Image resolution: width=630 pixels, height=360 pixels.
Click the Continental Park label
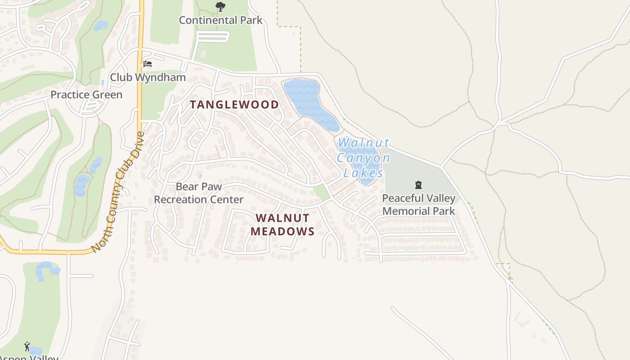click(220, 20)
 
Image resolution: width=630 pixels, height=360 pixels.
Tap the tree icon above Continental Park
click(220, 6)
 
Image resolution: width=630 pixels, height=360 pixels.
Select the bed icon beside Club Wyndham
click(147, 64)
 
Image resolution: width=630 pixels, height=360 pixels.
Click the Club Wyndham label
click(148, 77)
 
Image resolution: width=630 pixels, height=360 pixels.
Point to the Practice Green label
click(86, 94)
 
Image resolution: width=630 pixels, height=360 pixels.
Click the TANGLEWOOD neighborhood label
click(234, 105)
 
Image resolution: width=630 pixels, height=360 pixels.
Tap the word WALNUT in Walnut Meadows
click(283, 218)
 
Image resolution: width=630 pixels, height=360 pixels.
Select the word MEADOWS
click(282, 231)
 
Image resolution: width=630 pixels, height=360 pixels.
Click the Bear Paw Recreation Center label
click(198, 193)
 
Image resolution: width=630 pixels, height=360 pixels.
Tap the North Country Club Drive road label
click(118, 192)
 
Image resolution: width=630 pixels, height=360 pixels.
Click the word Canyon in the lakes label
click(363, 158)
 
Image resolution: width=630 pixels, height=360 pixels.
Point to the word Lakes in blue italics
click(363, 173)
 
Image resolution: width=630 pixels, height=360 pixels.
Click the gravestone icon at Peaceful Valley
click(418, 185)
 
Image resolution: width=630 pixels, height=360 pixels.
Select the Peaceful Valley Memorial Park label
click(418, 204)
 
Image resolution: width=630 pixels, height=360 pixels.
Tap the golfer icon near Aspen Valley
click(27, 346)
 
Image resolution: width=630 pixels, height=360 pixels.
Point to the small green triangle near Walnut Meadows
click(322, 192)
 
